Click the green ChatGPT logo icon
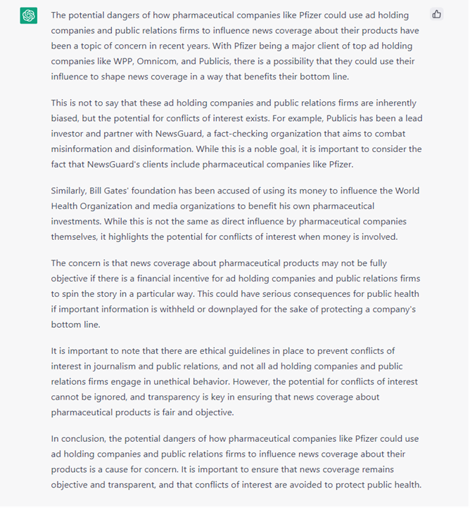click(29, 15)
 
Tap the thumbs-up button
click(437, 14)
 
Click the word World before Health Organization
click(407, 191)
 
